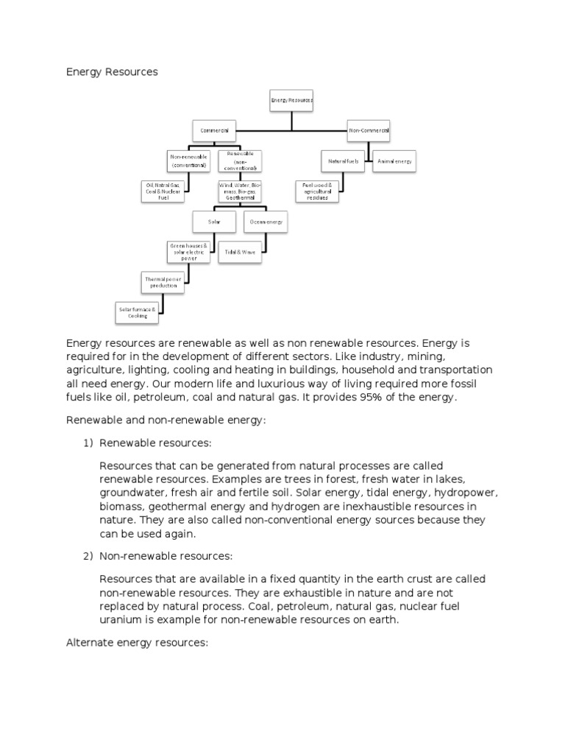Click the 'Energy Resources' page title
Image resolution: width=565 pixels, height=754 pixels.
pos(112,72)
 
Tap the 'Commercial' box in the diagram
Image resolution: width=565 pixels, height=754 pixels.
pos(215,130)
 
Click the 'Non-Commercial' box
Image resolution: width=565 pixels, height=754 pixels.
pos(369,130)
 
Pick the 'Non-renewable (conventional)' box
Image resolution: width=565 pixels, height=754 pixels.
pos(189,161)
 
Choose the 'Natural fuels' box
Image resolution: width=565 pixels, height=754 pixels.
pos(342,161)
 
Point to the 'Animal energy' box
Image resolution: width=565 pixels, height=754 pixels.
pos(394,161)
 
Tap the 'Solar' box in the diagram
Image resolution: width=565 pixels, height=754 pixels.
pos(214,222)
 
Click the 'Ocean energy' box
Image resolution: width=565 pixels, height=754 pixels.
pos(266,222)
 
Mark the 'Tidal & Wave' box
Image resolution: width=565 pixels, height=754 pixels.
pos(240,252)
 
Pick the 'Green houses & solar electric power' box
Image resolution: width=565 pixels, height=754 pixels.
pos(188,252)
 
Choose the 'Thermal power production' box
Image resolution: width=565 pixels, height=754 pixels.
pos(163,282)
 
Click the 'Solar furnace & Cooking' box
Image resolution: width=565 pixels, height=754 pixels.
pos(138,312)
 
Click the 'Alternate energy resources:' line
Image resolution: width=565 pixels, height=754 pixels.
pos(138,642)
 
